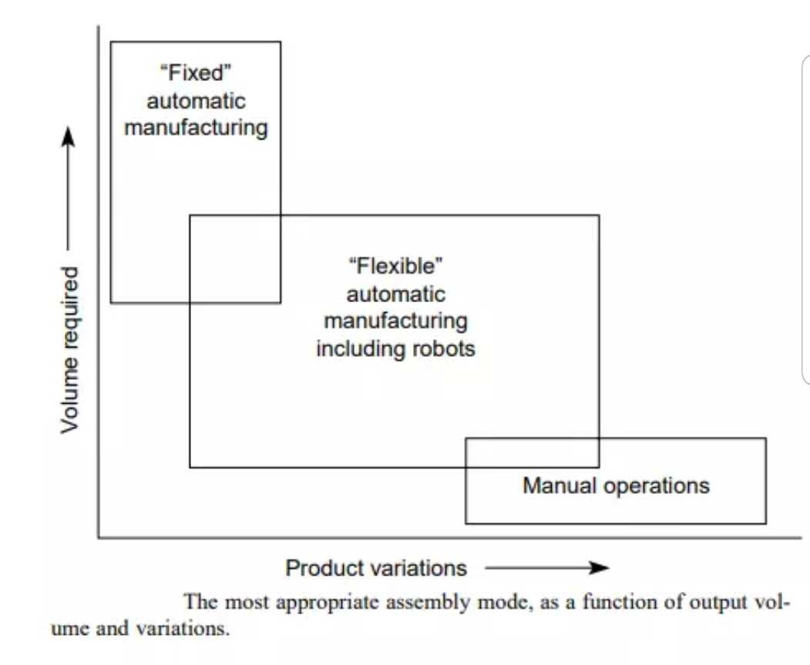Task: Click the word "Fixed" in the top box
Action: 196,75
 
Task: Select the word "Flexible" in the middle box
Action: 395,267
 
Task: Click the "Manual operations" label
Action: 616,485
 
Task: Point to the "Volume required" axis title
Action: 70,349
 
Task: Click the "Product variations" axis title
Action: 376,569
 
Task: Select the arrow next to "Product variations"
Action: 546,569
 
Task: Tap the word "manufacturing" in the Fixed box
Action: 196,127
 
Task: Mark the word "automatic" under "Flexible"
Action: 395,294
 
